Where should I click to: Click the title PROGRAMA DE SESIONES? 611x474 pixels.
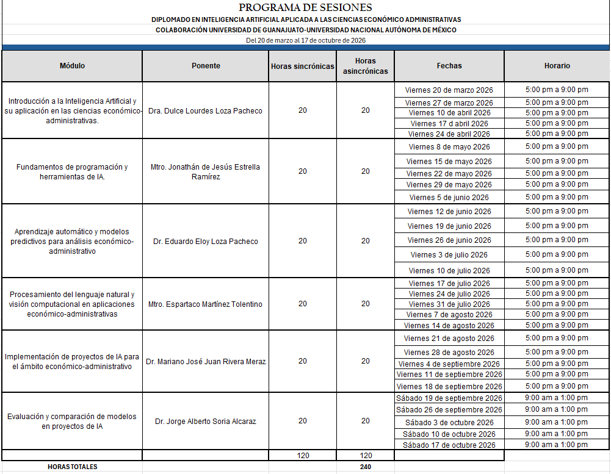coord(305,8)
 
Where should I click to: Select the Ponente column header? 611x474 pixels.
coord(206,66)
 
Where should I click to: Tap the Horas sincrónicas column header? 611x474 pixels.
coord(303,66)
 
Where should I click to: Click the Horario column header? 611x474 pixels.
coord(557,66)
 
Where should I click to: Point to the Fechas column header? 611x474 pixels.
coord(449,66)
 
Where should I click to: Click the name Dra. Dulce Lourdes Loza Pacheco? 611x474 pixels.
coord(205,111)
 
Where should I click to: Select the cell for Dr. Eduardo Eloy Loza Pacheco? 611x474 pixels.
coord(206,242)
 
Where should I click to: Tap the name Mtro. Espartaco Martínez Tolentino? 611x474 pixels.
coord(205,304)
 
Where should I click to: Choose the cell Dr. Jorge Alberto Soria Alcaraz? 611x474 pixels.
coord(205,422)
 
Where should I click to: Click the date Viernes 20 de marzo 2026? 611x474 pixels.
coord(449,90)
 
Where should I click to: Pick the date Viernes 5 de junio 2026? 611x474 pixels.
coord(449,198)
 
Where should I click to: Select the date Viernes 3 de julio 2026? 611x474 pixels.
coord(449,255)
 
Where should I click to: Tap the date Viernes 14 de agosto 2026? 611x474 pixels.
coord(449,326)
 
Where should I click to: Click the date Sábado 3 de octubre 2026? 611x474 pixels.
coord(449,423)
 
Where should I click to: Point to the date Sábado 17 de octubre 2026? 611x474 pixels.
coord(449,445)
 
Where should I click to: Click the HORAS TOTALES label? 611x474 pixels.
coord(72,467)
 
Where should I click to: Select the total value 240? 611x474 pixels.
coord(365,467)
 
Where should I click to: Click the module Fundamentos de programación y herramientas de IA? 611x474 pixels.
coord(72,171)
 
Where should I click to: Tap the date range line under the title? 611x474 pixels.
coord(305,40)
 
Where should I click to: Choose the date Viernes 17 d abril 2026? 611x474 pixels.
coord(449,124)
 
